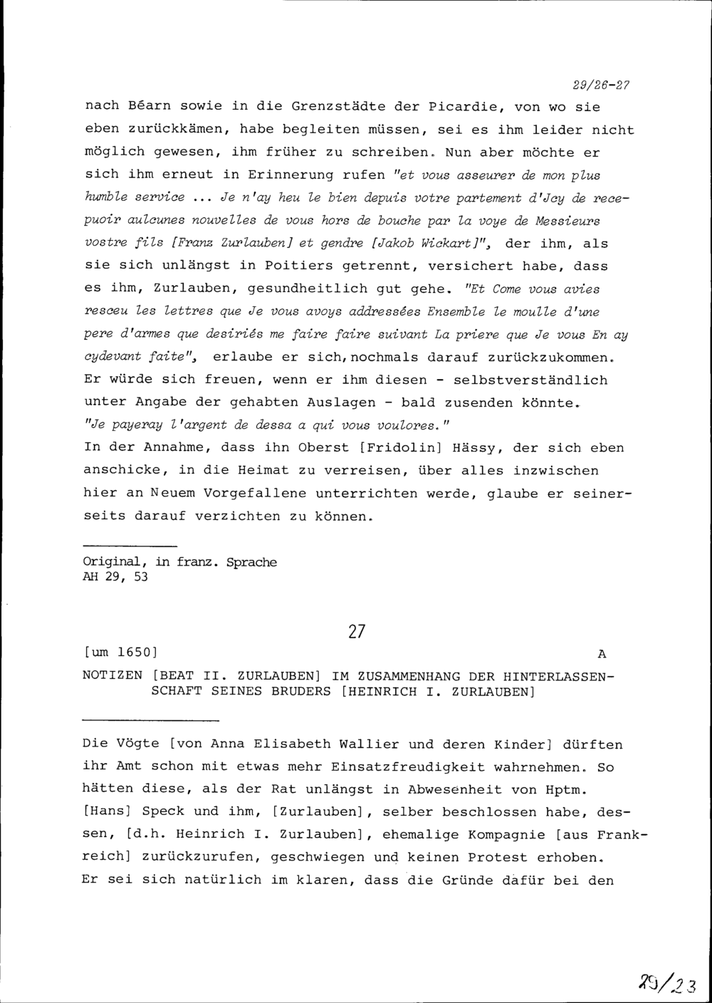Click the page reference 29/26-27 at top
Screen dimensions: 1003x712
[x=602, y=85]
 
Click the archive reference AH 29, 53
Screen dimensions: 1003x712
[x=115, y=577]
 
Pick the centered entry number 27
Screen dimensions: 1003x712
[x=357, y=632]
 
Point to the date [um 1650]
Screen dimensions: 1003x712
[x=120, y=653]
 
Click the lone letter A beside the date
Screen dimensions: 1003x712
[x=602, y=653]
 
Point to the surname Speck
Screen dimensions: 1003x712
[x=163, y=811]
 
